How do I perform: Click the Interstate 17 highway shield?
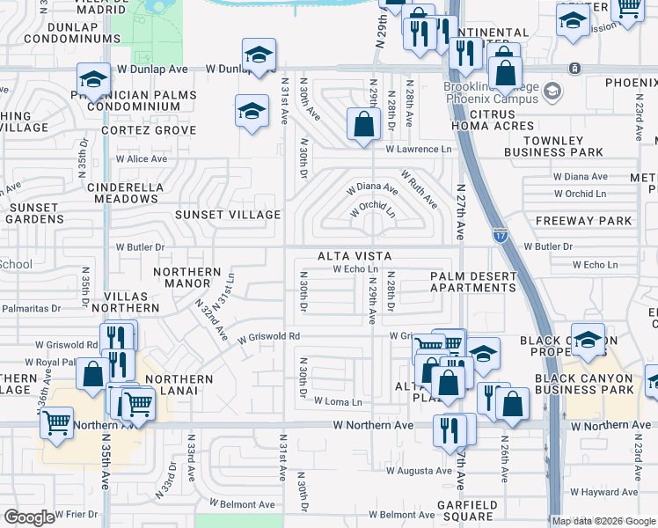pyautogui.click(x=500, y=233)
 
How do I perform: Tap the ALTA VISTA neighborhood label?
pyautogui.click(x=355, y=255)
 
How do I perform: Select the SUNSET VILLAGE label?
pyautogui.click(x=228, y=215)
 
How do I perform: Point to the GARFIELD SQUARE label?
pyautogui.click(x=468, y=511)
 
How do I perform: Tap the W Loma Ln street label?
pyautogui.click(x=338, y=402)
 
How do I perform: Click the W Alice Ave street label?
pyautogui.click(x=142, y=159)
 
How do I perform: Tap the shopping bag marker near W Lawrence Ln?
pyautogui.click(x=363, y=124)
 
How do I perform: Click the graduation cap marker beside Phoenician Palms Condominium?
pyautogui.click(x=93, y=80)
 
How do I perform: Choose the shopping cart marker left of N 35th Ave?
pyautogui.click(x=57, y=422)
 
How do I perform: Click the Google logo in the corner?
pyautogui.click(x=29, y=517)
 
